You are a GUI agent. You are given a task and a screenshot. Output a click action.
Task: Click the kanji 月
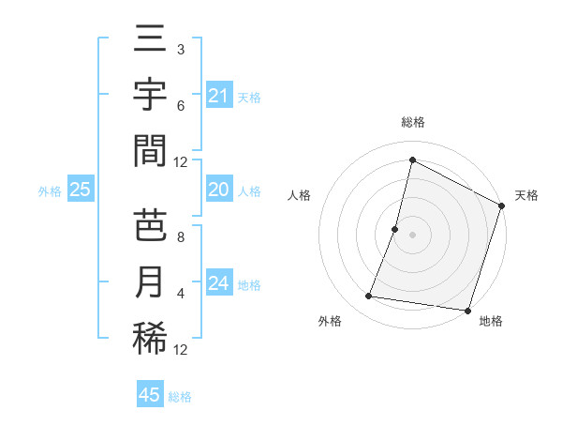point(150,282)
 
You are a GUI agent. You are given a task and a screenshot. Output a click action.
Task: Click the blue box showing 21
point(218,95)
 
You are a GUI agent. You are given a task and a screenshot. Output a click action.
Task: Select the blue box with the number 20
point(218,190)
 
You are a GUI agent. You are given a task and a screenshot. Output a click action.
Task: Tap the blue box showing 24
point(218,282)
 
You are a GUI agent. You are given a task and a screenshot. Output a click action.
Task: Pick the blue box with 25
point(80,190)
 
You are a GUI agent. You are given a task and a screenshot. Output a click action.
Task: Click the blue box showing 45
point(150,395)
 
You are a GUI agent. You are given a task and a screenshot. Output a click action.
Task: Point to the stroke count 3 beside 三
point(180,49)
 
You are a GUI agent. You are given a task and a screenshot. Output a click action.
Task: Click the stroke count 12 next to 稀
point(181,350)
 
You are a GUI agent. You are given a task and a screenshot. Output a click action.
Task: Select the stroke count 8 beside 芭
point(180,236)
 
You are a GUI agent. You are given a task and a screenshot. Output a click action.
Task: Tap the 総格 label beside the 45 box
point(180,397)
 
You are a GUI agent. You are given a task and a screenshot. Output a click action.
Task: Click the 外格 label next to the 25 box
point(50,191)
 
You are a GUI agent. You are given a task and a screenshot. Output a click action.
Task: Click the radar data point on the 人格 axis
point(395,229)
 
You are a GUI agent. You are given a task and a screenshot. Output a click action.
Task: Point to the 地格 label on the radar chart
point(491,321)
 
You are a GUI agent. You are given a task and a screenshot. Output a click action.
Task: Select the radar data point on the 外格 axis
point(369,297)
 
